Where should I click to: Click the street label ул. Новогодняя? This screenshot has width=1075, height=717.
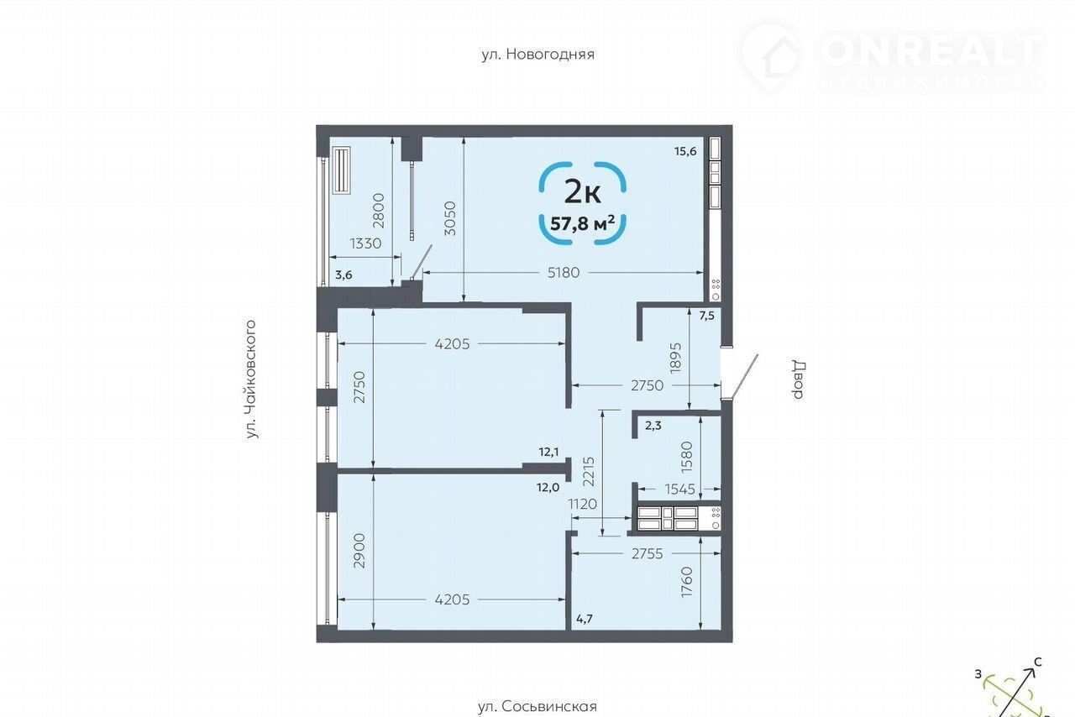[x=538, y=55]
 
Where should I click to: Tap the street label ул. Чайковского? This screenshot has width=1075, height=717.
[x=250, y=379]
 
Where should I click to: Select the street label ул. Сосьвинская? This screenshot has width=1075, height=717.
[x=537, y=706]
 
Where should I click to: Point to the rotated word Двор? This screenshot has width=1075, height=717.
[x=798, y=379]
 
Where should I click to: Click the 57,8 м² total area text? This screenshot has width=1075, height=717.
[x=583, y=223]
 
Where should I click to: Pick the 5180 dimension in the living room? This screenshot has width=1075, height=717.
[x=564, y=273]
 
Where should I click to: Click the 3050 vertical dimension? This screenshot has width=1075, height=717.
[x=450, y=218]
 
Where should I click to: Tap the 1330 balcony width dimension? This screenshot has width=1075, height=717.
[x=365, y=243]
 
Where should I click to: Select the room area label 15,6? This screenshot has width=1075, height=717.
[x=685, y=151]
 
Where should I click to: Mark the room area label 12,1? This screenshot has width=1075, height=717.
[x=548, y=452]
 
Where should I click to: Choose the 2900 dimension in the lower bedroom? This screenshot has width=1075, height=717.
[x=359, y=551]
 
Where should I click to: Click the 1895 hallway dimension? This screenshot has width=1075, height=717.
[x=675, y=358]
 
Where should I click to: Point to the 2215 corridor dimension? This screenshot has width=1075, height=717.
[x=589, y=471]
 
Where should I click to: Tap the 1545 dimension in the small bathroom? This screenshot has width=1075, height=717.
[x=680, y=489]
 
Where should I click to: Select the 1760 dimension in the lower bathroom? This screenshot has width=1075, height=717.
[x=687, y=582]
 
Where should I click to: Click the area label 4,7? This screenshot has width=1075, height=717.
[x=584, y=619]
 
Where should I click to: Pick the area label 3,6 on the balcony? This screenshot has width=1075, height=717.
[x=343, y=275]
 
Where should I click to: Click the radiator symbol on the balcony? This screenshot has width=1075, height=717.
[x=341, y=170]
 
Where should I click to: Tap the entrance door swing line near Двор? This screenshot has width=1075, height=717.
[x=744, y=377]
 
